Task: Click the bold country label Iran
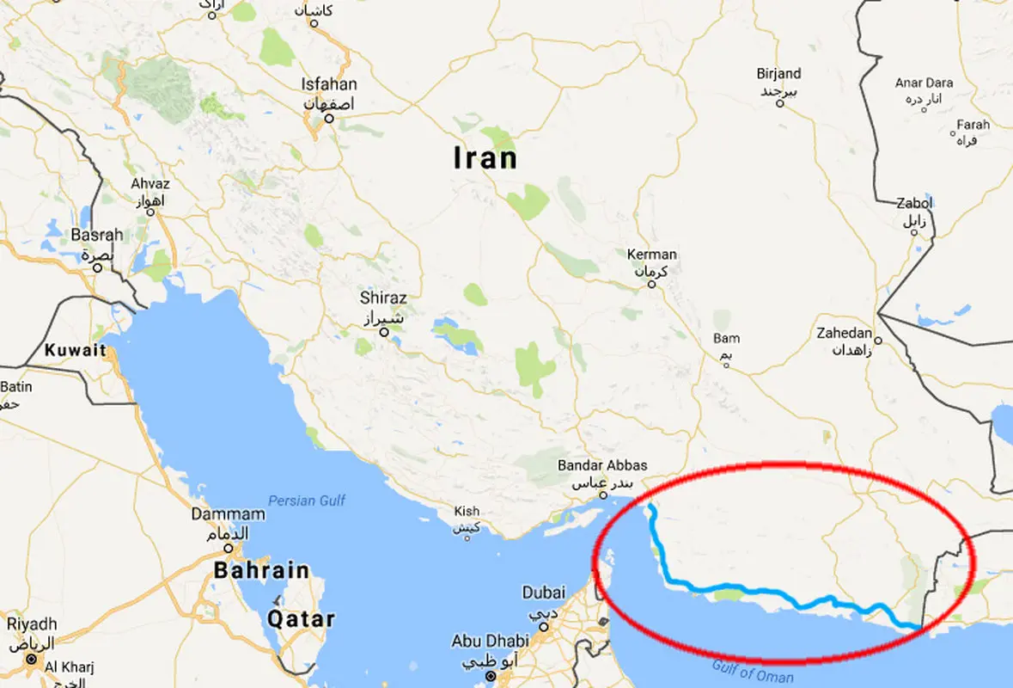[x=486, y=158]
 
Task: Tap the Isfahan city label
[x=328, y=85]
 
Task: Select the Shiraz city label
[x=384, y=298]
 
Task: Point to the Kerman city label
[x=652, y=255]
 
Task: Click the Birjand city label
[x=778, y=74]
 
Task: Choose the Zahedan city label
[x=845, y=334]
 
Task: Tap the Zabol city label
[x=913, y=205]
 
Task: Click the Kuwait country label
[x=76, y=350]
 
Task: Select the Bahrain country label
[x=261, y=569]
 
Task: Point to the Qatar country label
[x=301, y=618]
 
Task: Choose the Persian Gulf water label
[x=307, y=500]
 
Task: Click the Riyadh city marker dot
[x=31, y=660]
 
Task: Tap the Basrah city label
[x=97, y=235]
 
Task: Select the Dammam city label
[x=229, y=514]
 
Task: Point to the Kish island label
[x=467, y=512]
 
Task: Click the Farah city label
[x=973, y=125]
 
